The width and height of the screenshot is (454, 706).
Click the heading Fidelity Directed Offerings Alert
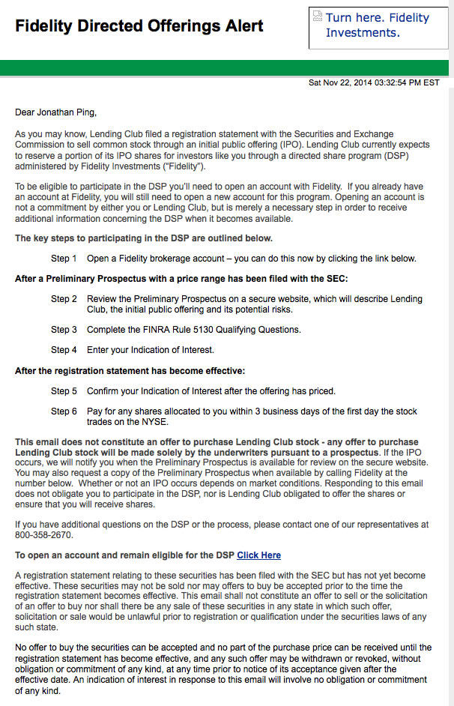point(139,26)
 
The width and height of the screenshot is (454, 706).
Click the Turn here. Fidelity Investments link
point(378,25)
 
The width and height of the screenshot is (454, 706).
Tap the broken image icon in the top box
point(318,17)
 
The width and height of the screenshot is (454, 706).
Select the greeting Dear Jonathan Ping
point(56,113)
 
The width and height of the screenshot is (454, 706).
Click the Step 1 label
point(64,259)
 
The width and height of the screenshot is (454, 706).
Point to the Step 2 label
point(64,299)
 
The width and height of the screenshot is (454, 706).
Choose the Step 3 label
point(64,330)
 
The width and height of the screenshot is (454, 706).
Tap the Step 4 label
point(64,350)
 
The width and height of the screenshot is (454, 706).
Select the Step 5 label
point(64,391)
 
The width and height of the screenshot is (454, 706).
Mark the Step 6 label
point(64,411)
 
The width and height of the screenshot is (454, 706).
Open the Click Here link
point(258,555)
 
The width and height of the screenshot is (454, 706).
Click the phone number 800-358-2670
point(43,535)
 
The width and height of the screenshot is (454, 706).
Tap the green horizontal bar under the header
point(227,68)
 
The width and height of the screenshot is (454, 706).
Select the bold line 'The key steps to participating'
point(144,238)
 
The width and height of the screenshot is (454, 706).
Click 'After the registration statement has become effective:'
point(130,371)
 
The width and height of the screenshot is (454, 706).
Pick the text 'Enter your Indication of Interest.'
point(151,350)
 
